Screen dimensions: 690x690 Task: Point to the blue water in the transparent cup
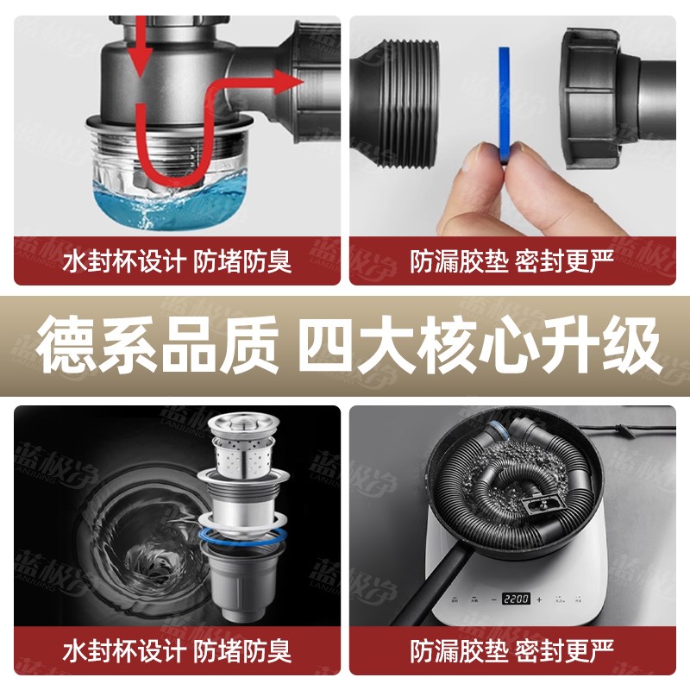172,207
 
